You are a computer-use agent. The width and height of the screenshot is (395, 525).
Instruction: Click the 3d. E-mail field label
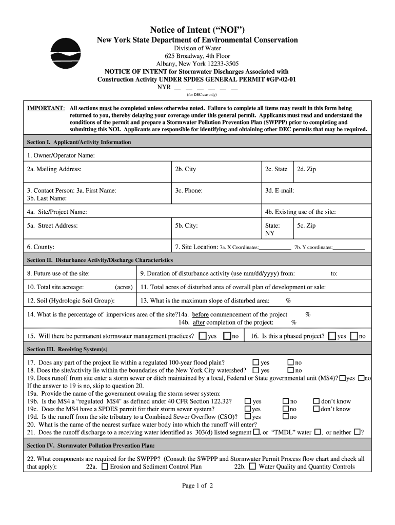(279, 190)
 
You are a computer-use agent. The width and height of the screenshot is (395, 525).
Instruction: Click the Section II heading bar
(197, 259)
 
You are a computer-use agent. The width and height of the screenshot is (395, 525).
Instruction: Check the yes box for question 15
(203, 336)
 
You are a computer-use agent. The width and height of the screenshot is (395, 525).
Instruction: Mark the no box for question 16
(354, 336)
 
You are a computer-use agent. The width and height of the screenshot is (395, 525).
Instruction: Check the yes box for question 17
(256, 362)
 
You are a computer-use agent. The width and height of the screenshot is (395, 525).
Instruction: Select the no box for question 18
(290, 370)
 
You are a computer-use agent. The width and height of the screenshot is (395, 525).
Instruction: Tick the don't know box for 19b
(316, 401)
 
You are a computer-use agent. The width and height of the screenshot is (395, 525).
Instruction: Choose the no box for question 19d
(286, 417)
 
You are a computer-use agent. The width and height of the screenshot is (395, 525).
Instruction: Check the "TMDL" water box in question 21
(318, 432)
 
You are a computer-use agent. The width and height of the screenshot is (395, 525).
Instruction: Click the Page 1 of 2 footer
(197, 486)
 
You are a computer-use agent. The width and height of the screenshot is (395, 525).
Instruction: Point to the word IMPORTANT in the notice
(46, 108)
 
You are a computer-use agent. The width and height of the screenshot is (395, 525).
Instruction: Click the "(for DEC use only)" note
(201, 95)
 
